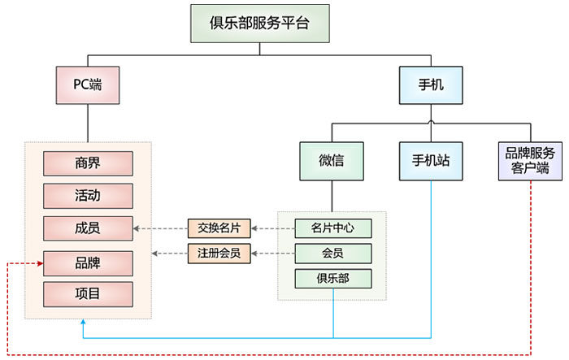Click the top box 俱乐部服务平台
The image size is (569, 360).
(x=259, y=23)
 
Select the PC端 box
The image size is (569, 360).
(x=87, y=84)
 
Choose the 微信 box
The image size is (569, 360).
(x=331, y=160)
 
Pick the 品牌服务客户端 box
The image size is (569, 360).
(x=530, y=160)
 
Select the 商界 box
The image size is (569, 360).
(x=87, y=163)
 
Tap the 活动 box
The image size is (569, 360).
(x=87, y=196)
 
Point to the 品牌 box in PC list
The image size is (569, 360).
(x=87, y=262)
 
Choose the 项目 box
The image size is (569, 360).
(x=87, y=293)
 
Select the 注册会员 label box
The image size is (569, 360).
(x=219, y=254)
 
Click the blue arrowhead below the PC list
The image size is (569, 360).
(x=84, y=323)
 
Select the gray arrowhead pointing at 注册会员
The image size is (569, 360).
(x=254, y=254)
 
